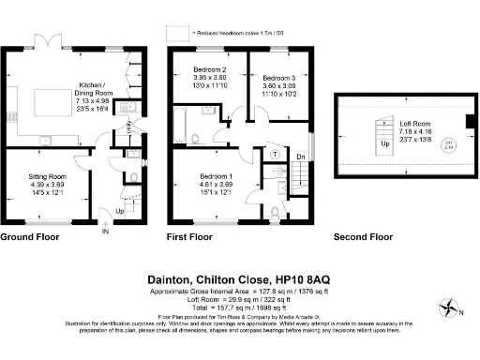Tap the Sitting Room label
[45, 175]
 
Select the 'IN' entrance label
[106, 230]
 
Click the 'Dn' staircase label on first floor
[300, 156]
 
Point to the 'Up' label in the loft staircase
[384, 145]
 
